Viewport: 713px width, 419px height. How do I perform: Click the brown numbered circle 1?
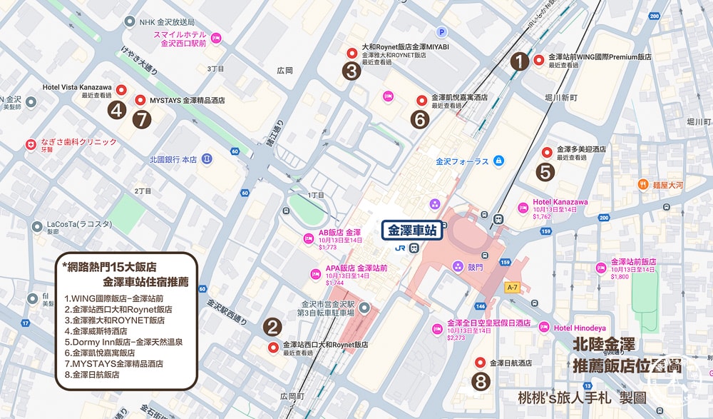(x=520, y=62)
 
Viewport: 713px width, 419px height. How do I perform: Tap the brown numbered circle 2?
(x=272, y=327)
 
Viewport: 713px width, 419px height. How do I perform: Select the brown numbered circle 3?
(x=351, y=71)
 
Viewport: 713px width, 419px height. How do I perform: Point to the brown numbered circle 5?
(x=545, y=171)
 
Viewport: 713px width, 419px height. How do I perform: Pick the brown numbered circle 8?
(x=481, y=381)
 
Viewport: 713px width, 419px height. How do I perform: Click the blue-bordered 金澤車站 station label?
(x=413, y=231)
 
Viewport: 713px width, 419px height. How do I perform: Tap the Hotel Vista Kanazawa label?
(x=77, y=87)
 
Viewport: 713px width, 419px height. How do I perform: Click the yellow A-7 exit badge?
(x=511, y=287)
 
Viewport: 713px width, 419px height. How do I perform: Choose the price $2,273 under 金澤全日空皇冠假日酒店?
(x=456, y=338)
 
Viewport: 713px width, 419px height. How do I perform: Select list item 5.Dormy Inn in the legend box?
(x=123, y=342)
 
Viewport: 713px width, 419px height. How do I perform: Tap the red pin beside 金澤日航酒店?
(x=480, y=363)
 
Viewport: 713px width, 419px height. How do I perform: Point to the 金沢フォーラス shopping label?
(x=463, y=161)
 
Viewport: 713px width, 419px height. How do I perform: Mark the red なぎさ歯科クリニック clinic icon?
(x=31, y=143)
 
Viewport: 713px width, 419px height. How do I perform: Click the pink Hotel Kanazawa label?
(x=560, y=202)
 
